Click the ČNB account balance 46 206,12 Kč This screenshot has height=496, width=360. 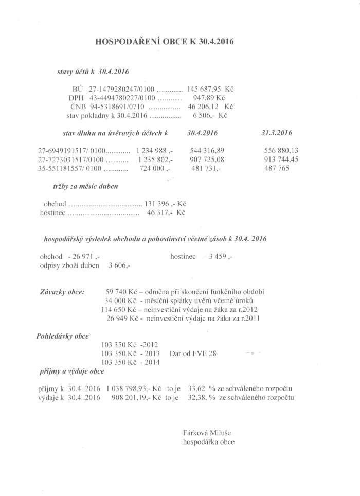tap(211, 107)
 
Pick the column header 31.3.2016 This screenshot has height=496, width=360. tap(276, 133)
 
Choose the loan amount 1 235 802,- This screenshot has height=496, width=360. tap(155, 160)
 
